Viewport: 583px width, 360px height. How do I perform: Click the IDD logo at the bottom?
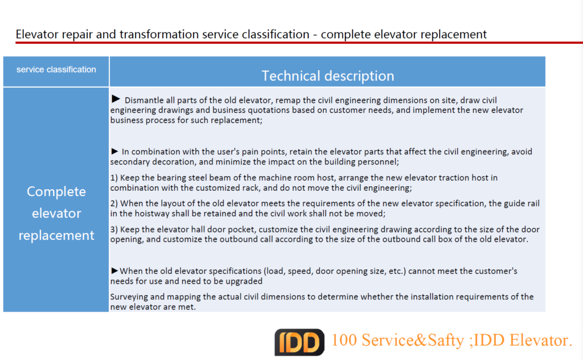[x=299, y=341]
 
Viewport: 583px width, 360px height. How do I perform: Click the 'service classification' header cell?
[x=56, y=69]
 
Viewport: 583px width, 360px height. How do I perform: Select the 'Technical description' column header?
[x=327, y=76]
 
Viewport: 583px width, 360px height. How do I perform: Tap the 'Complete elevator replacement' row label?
[x=56, y=213]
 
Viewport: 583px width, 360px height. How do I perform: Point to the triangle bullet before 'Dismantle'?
[x=116, y=99]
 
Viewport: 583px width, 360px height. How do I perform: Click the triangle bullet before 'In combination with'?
[x=115, y=151]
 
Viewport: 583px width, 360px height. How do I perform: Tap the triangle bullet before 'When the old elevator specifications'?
[x=115, y=271]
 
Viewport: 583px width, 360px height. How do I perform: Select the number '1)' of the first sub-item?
[x=114, y=178]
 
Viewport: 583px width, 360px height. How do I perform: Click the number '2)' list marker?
[x=114, y=203]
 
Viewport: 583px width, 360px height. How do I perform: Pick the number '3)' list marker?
[x=114, y=230]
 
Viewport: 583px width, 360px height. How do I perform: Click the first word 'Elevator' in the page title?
[x=35, y=34]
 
